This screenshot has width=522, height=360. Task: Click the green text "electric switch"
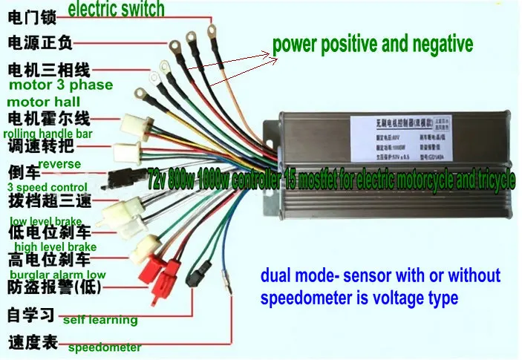point(117,10)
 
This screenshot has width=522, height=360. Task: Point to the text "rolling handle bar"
point(48,134)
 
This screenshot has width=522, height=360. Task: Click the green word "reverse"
point(59,163)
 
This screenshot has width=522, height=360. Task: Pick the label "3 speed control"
point(42,188)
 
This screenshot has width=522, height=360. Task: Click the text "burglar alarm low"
point(56,275)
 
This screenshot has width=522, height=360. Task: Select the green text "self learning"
point(100,320)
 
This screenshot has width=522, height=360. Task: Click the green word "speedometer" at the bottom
point(104,347)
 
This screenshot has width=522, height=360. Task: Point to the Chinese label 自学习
point(30,315)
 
